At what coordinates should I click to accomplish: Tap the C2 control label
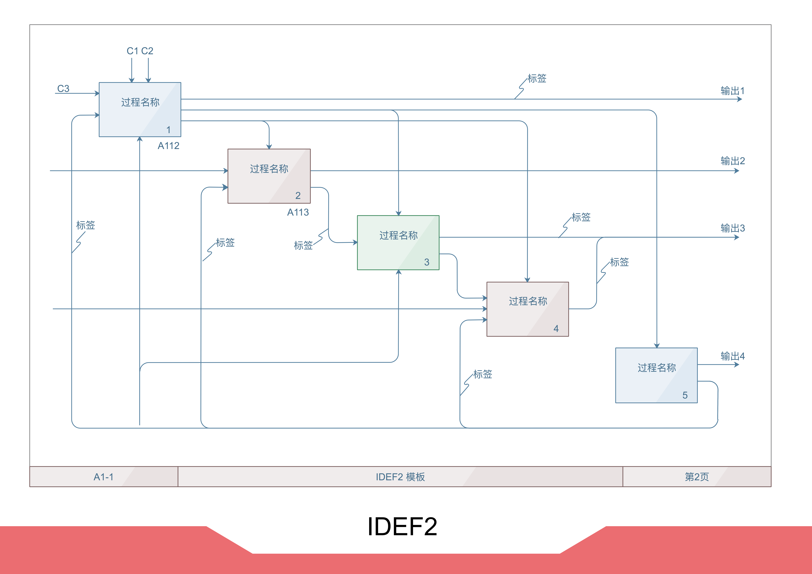click(x=147, y=51)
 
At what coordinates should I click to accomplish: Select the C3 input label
click(x=63, y=88)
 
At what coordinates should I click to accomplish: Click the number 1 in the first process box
click(x=169, y=130)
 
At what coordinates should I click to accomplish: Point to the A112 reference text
click(x=168, y=146)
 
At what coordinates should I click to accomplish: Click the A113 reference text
click(x=298, y=212)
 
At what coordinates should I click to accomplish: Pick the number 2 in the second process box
click(x=298, y=196)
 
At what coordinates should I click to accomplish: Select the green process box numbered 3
click(x=398, y=243)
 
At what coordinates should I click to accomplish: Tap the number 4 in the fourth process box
click(x=556, y=329)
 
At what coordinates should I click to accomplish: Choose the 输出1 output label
click(x=732, y=91)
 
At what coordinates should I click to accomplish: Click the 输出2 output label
click(x=732, y=161)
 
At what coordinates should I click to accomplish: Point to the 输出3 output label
click(x=732, y=228)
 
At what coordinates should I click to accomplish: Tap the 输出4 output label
click(x=732, y=356)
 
